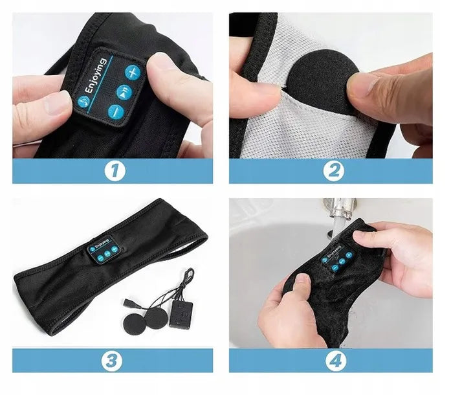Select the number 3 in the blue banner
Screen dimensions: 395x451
point(113,361)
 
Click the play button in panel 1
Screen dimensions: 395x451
point(122,92)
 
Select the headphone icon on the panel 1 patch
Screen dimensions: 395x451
point(83,102)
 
